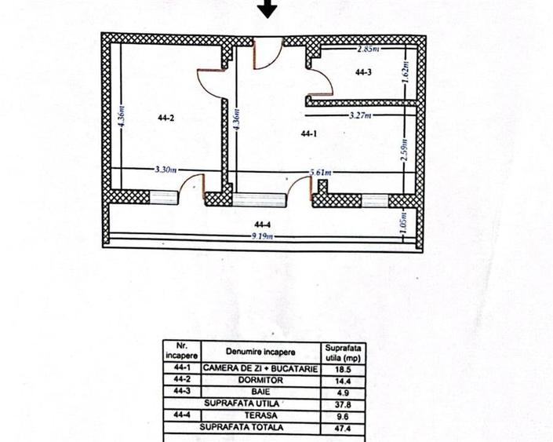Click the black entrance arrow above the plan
click(268, 9)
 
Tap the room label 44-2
click(165, 119)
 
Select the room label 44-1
click(308, 133)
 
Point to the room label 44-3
click(363, 73)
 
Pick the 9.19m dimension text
click(262, 236)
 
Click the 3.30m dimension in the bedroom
click(166, 169)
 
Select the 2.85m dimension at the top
click(367, 48)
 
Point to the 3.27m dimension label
click(361, 115)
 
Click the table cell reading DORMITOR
click(260, 378)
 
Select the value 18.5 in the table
click(340, 367)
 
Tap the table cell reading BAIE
click(260, 390)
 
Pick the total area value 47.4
click(340, 427)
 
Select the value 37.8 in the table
click(340, 404)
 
